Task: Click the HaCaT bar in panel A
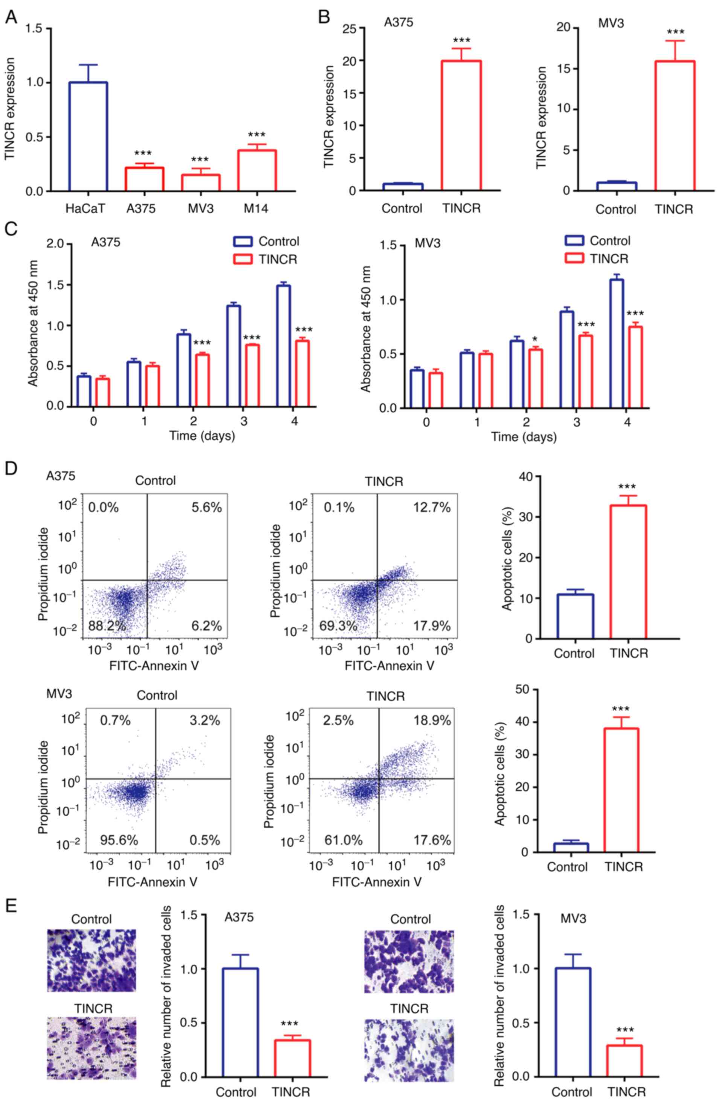pos(88,137)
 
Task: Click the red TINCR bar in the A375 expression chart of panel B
pos(461,126)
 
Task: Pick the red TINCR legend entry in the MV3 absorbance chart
pos(596,259)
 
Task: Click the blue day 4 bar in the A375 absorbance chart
pos(283,346)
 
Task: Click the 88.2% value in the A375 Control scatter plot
pos(107,626)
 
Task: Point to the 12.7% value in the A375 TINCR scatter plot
pos(432,508)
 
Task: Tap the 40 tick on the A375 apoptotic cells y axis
pos(526,477)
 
